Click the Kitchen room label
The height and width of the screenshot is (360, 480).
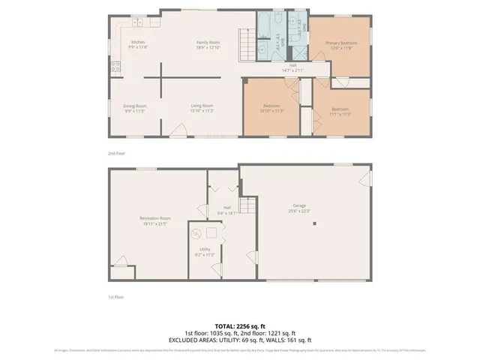pyautogui.click(x=138, y=44)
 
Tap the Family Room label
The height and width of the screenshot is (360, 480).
pyautogui.click(x=208, y=44)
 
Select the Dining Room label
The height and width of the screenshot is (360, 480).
pyautogui.click(x=135, y=108)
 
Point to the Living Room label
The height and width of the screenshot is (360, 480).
pyautogui.click(x=202, y=108)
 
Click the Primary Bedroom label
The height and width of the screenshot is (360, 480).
pyautogui.click(x=341, y=46)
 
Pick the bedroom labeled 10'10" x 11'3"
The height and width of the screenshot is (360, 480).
pyautogui.click(x=271, y=108)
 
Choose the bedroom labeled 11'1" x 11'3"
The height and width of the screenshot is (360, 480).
pyautogui.click(x=340, y=111)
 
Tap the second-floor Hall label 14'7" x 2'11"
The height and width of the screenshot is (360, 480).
pyautogui.click(x=293, y=67)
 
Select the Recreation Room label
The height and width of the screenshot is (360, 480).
pyautogui.click(x=155, y=220)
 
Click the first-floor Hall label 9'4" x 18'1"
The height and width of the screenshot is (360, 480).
pyautogui.click(x=226, y=210)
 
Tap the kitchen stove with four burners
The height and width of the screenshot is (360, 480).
pyautogui.click(x=115, y=66)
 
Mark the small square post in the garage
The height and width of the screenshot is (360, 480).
pyautogui.click(x=316, y=223)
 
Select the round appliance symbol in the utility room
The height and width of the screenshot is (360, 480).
pyautogui.click(x=197, y=232)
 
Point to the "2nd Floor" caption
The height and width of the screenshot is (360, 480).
pyautogui.click(x=116, y=152)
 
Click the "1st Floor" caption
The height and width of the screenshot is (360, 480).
pyautogui.click(x=115, y=298)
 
